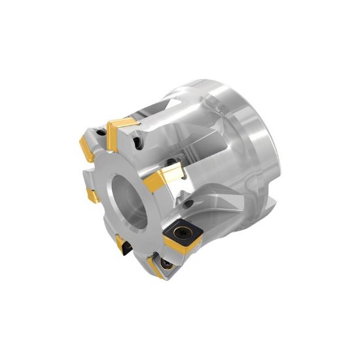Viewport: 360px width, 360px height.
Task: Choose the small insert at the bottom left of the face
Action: click(121, 245)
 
